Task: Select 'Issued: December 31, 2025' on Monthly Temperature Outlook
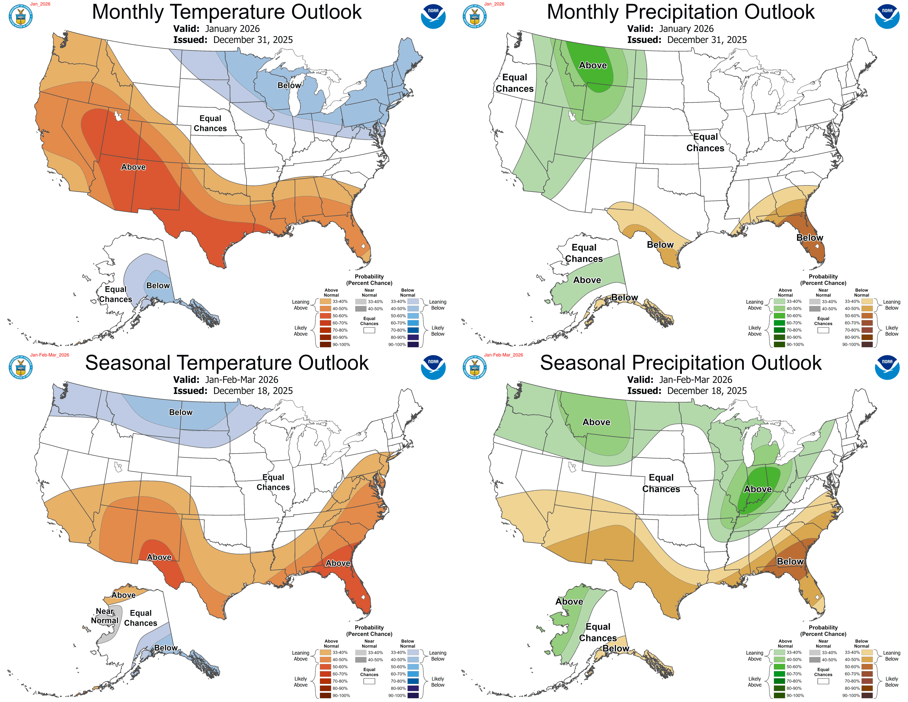(233, 40)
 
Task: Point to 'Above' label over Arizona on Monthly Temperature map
(133, 167)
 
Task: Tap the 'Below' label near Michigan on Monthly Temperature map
(289, 85)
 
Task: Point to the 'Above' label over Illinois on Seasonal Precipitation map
(758, 489)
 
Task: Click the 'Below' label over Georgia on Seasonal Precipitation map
(790, 561)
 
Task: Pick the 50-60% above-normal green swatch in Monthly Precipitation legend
(779, 316)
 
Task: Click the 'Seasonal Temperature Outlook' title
(227, 363)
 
